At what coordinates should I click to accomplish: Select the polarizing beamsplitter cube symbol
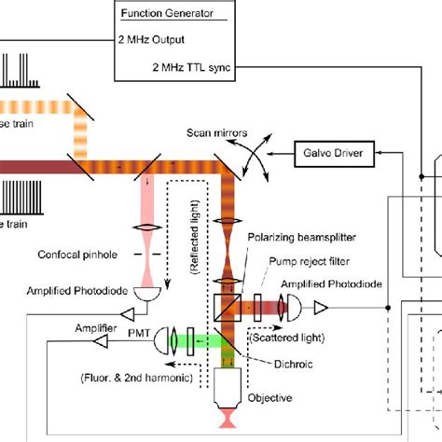coord(227,302)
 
